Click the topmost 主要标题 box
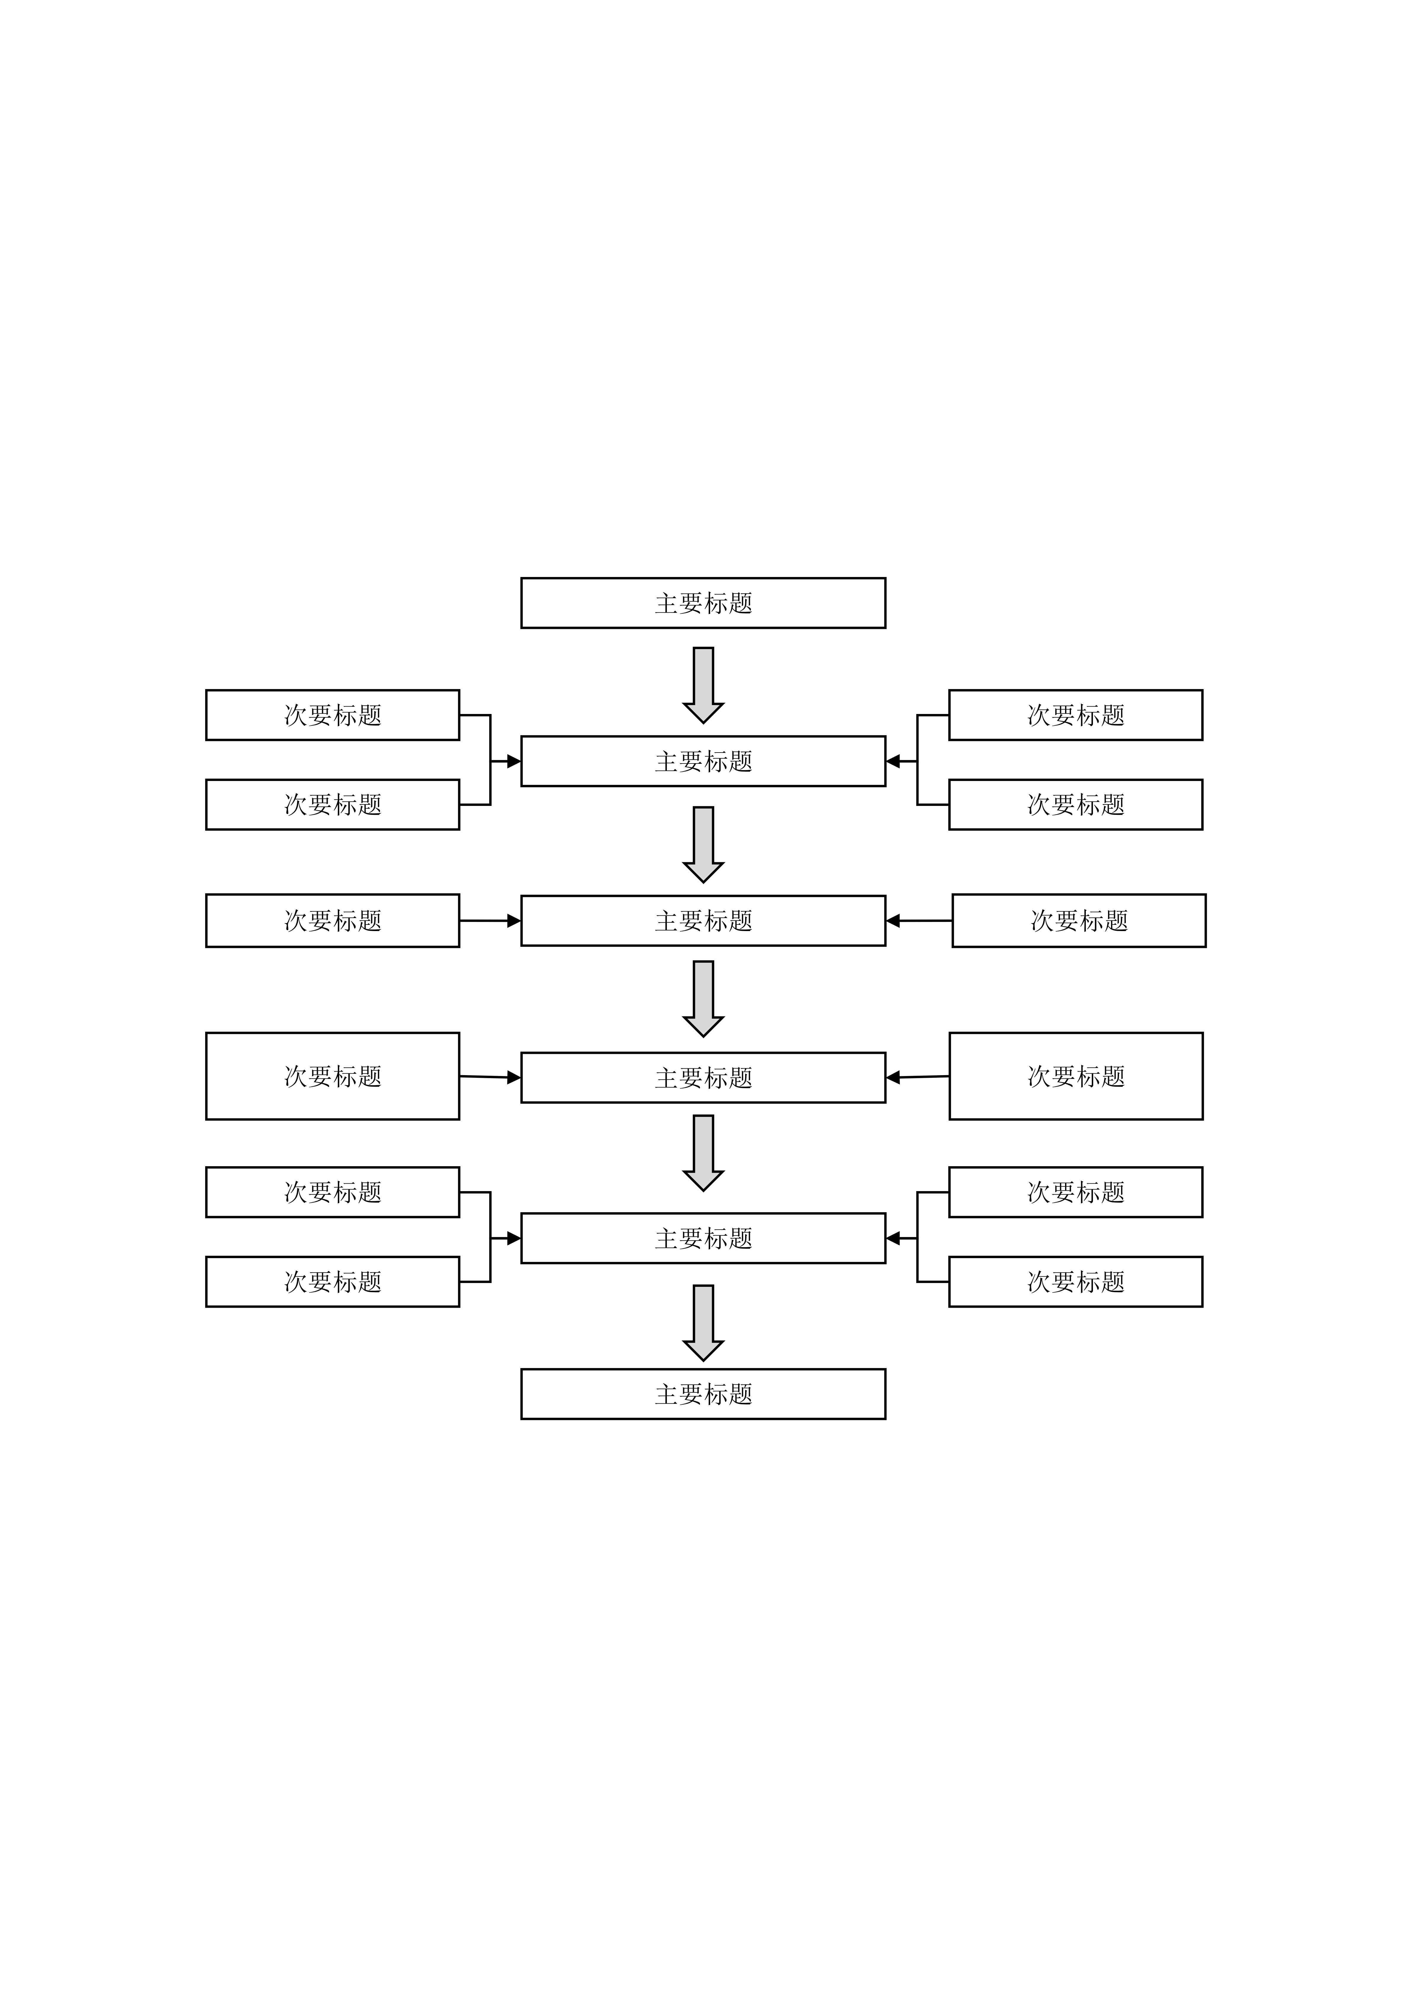click(x=703, y=603)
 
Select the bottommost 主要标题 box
click(x=703, y=1394)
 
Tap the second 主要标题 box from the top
click(x=703, y=761)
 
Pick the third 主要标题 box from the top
click(x=703, y=920)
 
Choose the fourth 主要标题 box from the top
click(x=703, y=1078)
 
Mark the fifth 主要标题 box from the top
click(x=703, y=1238)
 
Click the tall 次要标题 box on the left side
click(x=332, y=1076)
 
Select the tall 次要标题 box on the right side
click(x=1075, y=1076)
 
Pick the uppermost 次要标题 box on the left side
click(x=332, y=715)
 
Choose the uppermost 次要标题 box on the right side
click(x=1075, y=715)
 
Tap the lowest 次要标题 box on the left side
click(x=332, y=1281)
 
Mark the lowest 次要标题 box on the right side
click(x=1075, y=1281)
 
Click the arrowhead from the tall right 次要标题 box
click(x=893, y=1078)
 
